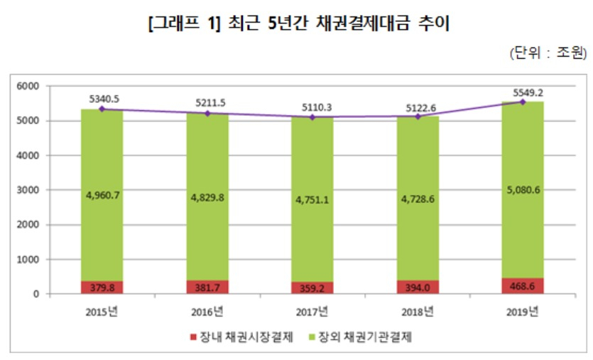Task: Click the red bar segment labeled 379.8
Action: [102, 287]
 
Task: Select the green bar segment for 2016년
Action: [207, 197]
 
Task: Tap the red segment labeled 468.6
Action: [523, 286]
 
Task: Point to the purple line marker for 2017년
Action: [312, 117]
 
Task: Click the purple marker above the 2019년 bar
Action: [523, 102]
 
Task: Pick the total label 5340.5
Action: [104, 99]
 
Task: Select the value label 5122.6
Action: [421, 108]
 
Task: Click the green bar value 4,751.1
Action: [312, 200]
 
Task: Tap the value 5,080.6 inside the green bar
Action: [523, 190]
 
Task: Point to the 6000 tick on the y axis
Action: [28, 86]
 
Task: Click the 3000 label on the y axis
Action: [28, 190]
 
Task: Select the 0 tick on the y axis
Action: [36, 294]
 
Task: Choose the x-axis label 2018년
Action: [418, 312]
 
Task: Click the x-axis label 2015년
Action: [102, 312]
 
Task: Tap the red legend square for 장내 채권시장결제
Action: [194, 337]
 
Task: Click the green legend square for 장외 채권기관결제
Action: [312, 337]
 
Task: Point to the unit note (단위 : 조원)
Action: [548, 53]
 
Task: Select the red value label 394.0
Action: [418, 288]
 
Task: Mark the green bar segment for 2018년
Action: [418, 198]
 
